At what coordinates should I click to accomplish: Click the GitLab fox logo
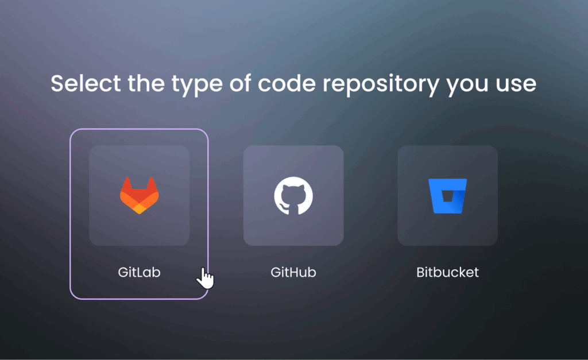tap(139, 195)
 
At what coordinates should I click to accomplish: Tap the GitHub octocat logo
tap(293, 196)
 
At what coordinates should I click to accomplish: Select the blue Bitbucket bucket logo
tap(447, 196)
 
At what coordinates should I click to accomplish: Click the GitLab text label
tap(139, 272)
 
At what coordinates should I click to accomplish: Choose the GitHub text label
tap(293, 272)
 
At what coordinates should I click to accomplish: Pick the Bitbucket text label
tap(447, 272)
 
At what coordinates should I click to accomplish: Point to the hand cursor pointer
tap(205, 278)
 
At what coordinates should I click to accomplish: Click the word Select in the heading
tap(86, 83)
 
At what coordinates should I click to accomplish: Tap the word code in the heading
tap(287, 83)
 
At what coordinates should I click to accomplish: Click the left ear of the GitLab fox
tap(127, 184)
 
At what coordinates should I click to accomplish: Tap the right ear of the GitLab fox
tap(152, 184)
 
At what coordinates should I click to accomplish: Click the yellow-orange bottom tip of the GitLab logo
tap(139, 210)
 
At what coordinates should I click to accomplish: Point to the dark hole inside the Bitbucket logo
tap(447, 196)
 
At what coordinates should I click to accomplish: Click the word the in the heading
tap(146, 83)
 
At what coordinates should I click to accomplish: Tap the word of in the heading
tap(240, 83)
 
